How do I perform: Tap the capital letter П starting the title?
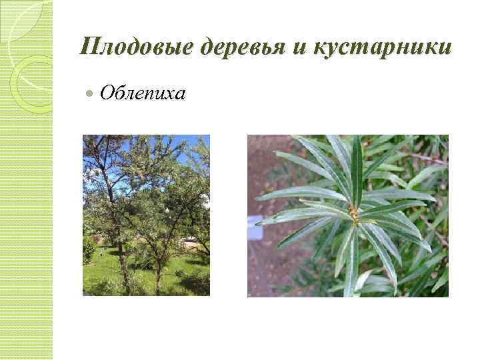tap(87, 47)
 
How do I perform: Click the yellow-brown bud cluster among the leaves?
tap(353, 214)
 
